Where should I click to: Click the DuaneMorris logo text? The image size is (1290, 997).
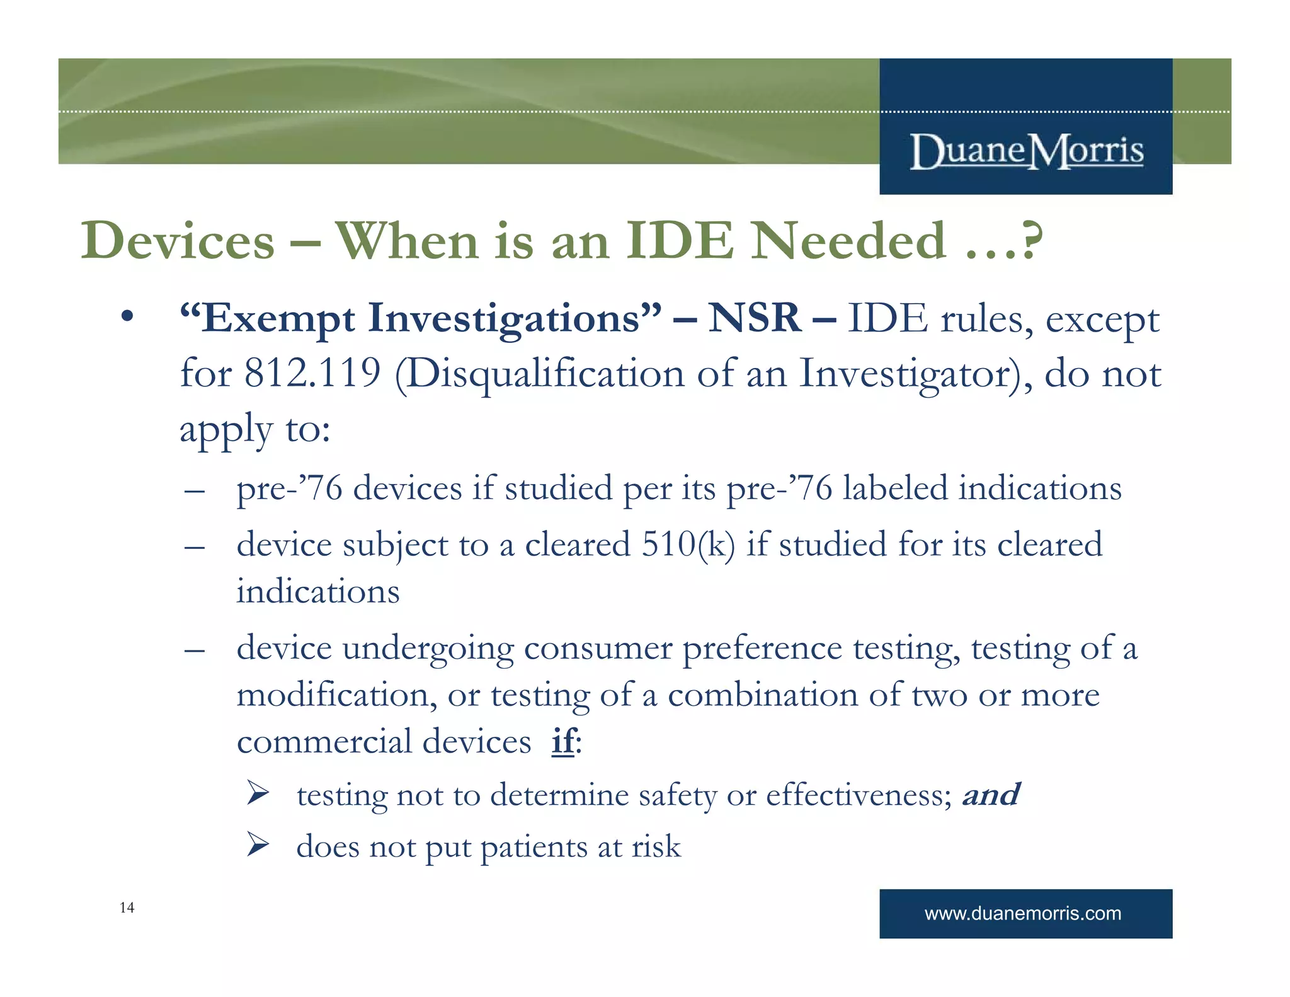click(x=1026, y=151)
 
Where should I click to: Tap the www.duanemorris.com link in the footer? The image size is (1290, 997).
click(x=1022, y=913)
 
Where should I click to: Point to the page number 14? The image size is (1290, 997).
click(x=127, y=908)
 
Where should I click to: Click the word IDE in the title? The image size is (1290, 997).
click(x=680, y=241)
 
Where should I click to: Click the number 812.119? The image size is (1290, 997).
click(x=312, y=373)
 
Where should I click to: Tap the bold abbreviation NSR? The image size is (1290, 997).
click(x=754, y=318)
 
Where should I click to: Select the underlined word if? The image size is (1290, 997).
click(x=562, y=741)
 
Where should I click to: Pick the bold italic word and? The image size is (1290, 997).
click(x=990, y=795)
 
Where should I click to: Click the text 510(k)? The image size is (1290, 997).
click(x=688, y=545)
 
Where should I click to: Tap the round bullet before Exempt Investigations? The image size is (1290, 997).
click(x=128, y=316)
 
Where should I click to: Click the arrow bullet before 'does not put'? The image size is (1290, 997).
click(x=258, y=844)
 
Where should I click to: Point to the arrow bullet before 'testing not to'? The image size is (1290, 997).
click(x=258, y=793)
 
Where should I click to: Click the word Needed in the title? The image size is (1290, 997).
click(x=848, y=241)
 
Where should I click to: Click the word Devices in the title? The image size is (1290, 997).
click(x=178, y=241)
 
